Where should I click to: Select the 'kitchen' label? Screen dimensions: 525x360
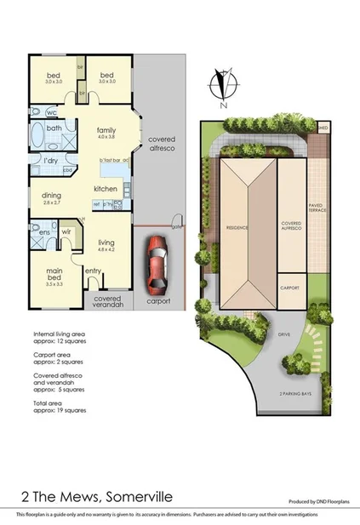[105, 188]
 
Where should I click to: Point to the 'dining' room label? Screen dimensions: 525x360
[51, 196]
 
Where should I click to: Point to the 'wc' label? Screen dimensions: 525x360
[52, 111]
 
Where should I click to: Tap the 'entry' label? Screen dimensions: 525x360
[94, 271]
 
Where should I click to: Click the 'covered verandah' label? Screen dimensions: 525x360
[107, 302]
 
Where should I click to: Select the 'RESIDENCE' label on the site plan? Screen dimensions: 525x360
[236, 228]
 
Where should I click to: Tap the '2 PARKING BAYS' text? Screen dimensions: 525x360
[294, 395]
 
